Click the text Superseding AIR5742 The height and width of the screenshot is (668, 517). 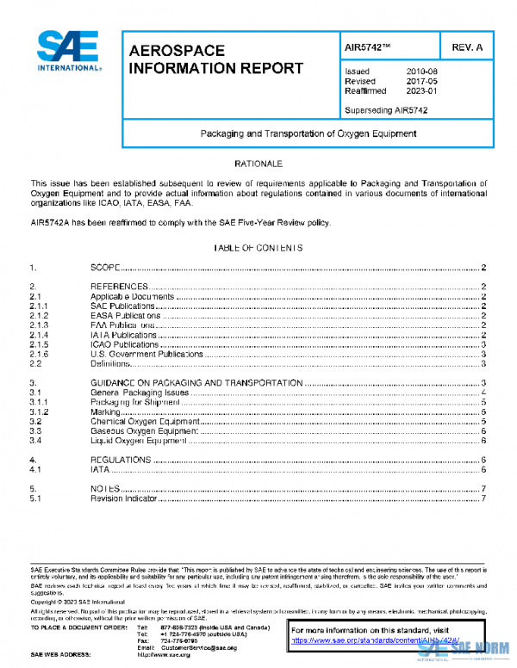tap(386, 110)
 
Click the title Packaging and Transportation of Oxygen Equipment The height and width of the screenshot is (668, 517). tap(308, 133)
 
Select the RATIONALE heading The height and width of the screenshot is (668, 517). tap(258, 163)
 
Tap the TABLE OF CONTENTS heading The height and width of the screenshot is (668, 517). tap(258, 248)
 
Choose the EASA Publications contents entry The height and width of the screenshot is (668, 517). tap(124, 316)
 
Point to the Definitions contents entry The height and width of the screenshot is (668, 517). tap(111, 364)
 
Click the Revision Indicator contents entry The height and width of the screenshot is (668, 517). tap(124, 498)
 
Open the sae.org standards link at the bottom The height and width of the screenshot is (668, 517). tap(360, 641)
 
